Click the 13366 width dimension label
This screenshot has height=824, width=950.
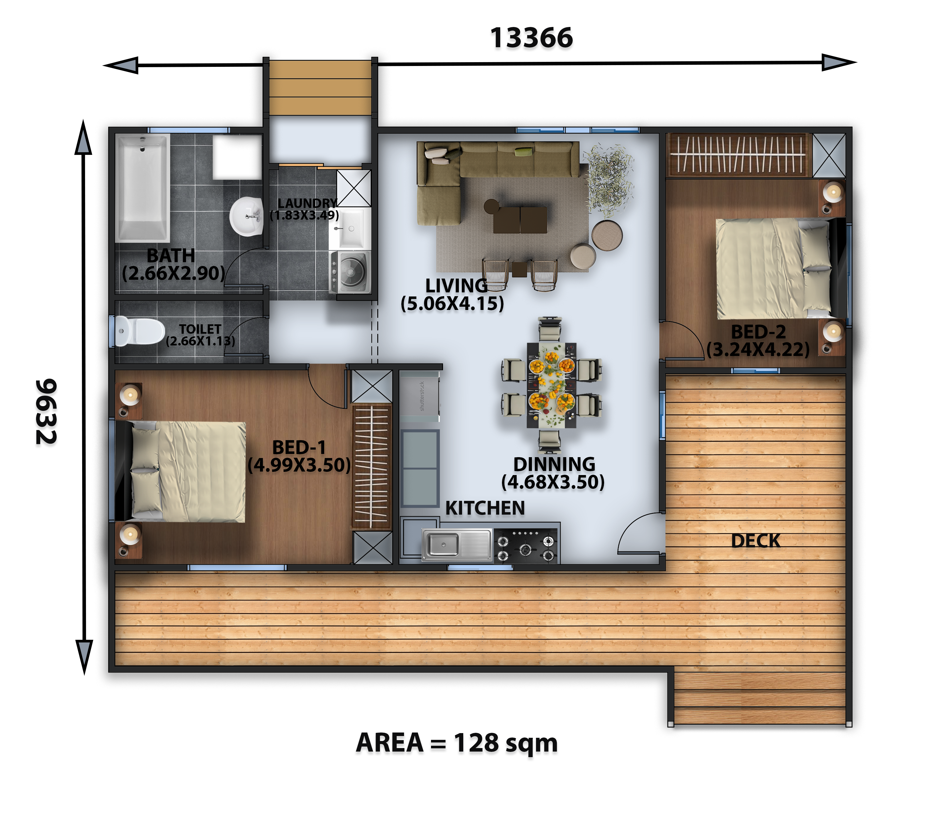pyautogui.click(x=531, y=38)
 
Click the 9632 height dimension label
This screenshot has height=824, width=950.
pyautogui.click(x=46, y=411)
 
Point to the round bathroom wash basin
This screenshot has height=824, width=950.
pyautogui.click(x=246, y=216)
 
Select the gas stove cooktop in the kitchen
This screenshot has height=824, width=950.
pyautogui.click(x=525, y=546)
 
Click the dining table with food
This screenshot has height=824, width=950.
pyautogui.click(x=551, y=385)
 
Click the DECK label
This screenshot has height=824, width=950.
pyautogui.click(x=756, y=541)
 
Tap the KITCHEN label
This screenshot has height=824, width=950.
pyautogui.click(x=485, y=508)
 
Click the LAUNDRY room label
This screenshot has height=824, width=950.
pyautogui.click(x=307, y=203)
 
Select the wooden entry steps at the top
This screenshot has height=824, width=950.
pyautogui.click(x=320, y=87)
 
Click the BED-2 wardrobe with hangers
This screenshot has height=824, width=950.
pyautogui.click(x=738, y=155)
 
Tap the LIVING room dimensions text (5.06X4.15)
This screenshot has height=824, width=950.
pyautogui.click(x=452, y=304)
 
